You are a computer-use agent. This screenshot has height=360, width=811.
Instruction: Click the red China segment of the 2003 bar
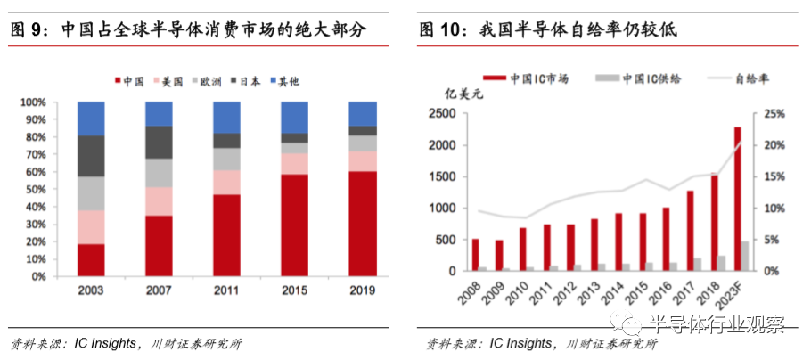pos(91,259)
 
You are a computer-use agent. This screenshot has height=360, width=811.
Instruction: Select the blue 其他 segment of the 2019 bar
pos(362,113)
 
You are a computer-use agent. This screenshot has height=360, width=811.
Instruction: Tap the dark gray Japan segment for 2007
pos(159,142)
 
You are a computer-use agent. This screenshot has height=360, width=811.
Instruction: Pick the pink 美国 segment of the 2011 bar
pos(226,182)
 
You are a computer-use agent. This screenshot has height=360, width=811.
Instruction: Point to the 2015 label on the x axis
pos(294,291)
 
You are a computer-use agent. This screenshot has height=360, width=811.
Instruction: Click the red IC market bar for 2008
pos(475,255)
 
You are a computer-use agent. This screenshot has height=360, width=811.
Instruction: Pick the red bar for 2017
pos(690,231)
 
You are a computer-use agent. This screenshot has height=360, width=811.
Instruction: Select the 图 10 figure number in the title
pos(441,29)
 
